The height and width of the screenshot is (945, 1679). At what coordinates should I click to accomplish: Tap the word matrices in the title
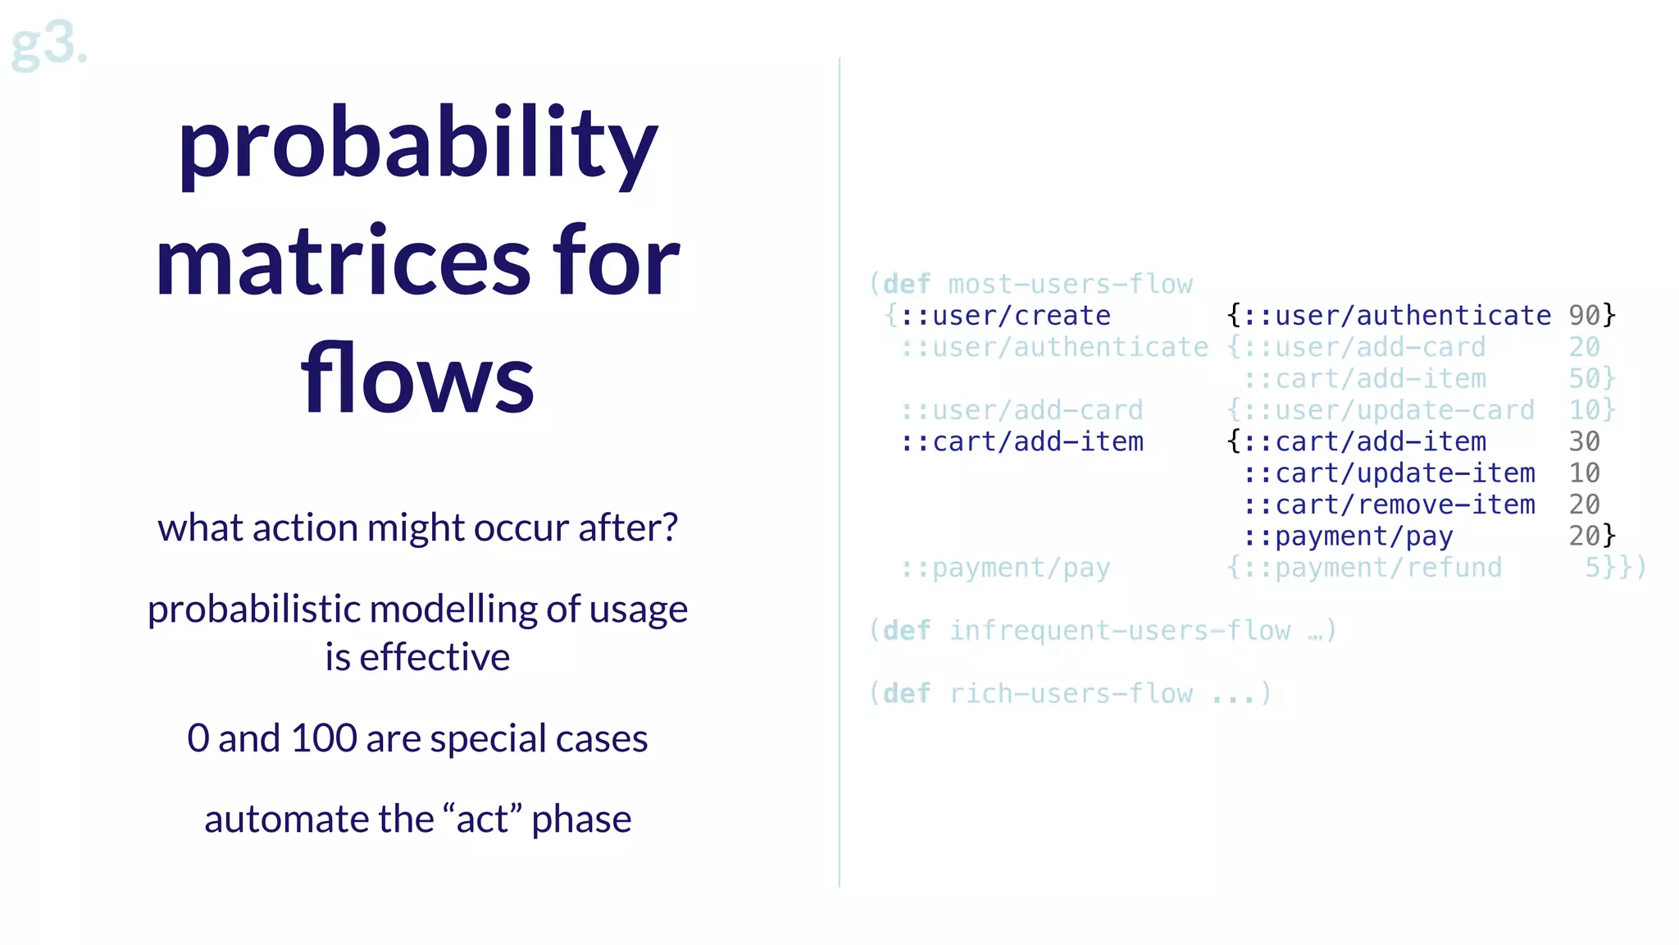pos(344,262)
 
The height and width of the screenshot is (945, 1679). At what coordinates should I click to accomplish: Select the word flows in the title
pos(417,379)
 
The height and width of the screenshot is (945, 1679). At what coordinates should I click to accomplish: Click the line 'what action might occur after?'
pos(417,527)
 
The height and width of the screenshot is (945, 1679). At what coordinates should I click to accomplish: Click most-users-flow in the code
pos(1070,285)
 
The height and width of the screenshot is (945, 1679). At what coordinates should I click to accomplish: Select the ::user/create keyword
pos(1005,316)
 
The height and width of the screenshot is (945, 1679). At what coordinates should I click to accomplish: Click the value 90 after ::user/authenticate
pos(1584,316)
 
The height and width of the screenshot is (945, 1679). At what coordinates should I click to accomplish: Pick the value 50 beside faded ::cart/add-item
pos(1584,379)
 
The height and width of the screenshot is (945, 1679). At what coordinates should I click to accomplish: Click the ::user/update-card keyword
pos(1388,410)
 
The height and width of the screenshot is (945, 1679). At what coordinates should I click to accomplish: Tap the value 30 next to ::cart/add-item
pos(1584,442)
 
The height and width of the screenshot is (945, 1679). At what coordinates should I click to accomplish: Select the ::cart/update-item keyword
pos(1388,473)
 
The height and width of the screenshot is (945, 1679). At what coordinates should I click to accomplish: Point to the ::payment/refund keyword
pos(1372,568)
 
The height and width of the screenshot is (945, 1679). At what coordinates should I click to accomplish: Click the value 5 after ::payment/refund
pos(1592,568)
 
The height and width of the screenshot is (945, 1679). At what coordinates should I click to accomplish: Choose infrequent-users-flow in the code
pos(1119,631)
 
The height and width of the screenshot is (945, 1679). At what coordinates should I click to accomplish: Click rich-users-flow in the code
pos(1070,694)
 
